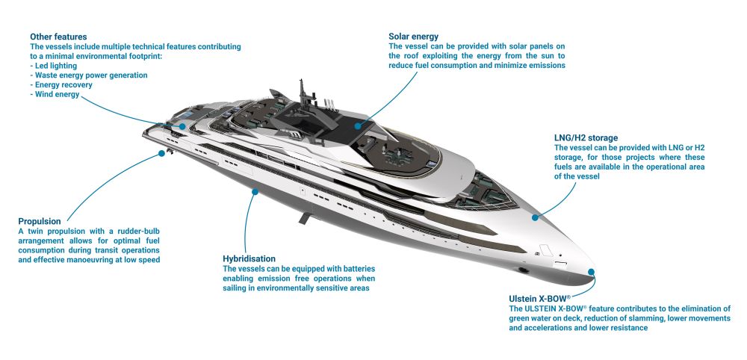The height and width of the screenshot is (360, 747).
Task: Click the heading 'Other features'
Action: [x=58, y=37]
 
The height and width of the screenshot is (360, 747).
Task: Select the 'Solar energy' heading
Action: [x=414, y=37]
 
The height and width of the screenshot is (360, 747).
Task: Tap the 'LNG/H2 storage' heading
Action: [x=586, y=138]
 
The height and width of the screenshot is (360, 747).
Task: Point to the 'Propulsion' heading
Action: [x=40, y=221]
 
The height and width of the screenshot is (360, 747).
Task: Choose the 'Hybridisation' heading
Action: [x=249, y=259]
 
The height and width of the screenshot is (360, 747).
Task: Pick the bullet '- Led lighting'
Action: [x=53, y=66]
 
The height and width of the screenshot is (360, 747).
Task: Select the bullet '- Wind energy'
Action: [x=55, y=94]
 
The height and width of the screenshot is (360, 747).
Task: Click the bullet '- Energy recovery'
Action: [x=61, y=84]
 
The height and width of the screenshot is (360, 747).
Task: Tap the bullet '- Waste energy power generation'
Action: [x=89, y=75]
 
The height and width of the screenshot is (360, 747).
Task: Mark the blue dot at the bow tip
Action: [x=591, y=273]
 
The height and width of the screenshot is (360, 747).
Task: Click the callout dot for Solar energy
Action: [x=357, y=126]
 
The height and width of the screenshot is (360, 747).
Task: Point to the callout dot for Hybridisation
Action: [x=255, y=192]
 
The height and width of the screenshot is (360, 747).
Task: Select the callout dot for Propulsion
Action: [x=161, y=153]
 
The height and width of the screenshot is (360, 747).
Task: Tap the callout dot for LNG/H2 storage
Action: [x=535, y=217]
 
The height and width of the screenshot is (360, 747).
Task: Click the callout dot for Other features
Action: [x=183, y=127]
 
